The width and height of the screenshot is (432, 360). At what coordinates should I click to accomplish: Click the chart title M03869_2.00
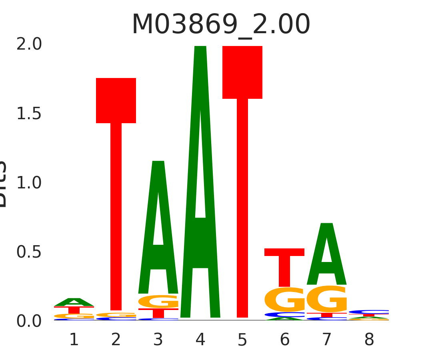(x=221, y=25)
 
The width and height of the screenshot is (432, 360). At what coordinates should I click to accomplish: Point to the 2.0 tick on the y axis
(x=29, y=44)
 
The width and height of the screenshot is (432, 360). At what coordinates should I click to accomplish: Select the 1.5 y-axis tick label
(x=29, y=114)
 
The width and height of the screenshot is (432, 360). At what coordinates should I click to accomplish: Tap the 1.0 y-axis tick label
(x=29, y=183)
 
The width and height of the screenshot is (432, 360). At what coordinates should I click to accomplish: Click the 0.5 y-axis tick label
(x=29, y=252)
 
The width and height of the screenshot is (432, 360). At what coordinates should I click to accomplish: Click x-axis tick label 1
(x=74, y=340)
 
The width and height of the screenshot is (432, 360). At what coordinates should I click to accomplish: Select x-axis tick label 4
(x=200, y=340)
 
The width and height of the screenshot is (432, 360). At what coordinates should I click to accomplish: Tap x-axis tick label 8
(x=369, y=340)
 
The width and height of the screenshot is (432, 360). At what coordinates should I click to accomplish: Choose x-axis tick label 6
(x=285, y=340)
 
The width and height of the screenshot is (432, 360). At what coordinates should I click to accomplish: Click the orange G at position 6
(x=285, y=300)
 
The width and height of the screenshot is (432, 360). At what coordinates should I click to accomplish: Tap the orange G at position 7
(x=327, y=299)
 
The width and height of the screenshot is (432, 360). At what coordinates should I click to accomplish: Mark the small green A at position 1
(x=74, y=302)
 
